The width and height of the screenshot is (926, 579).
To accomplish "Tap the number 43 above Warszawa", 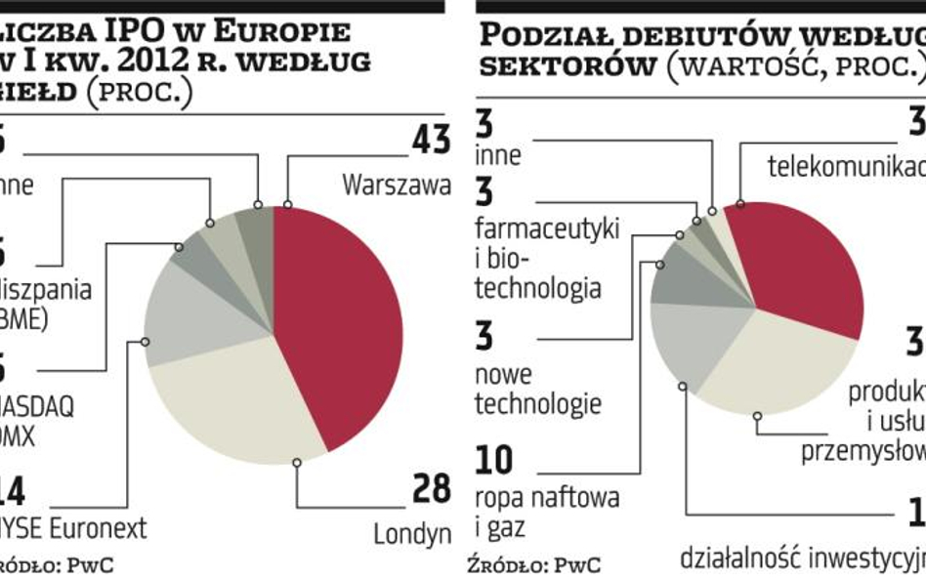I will click(x=431, y=141).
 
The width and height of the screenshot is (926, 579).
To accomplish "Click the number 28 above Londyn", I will click(x=431, y=489).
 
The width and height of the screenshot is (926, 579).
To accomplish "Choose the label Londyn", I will click(x=412, y=533).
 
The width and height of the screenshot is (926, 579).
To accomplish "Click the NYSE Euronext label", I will click(x=74, y=528).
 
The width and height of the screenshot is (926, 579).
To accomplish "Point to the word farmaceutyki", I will click(x=547, y=230).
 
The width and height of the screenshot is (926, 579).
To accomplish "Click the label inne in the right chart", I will click(x=498, y=155).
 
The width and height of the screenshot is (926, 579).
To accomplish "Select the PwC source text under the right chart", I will click(x=577, y=563).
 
